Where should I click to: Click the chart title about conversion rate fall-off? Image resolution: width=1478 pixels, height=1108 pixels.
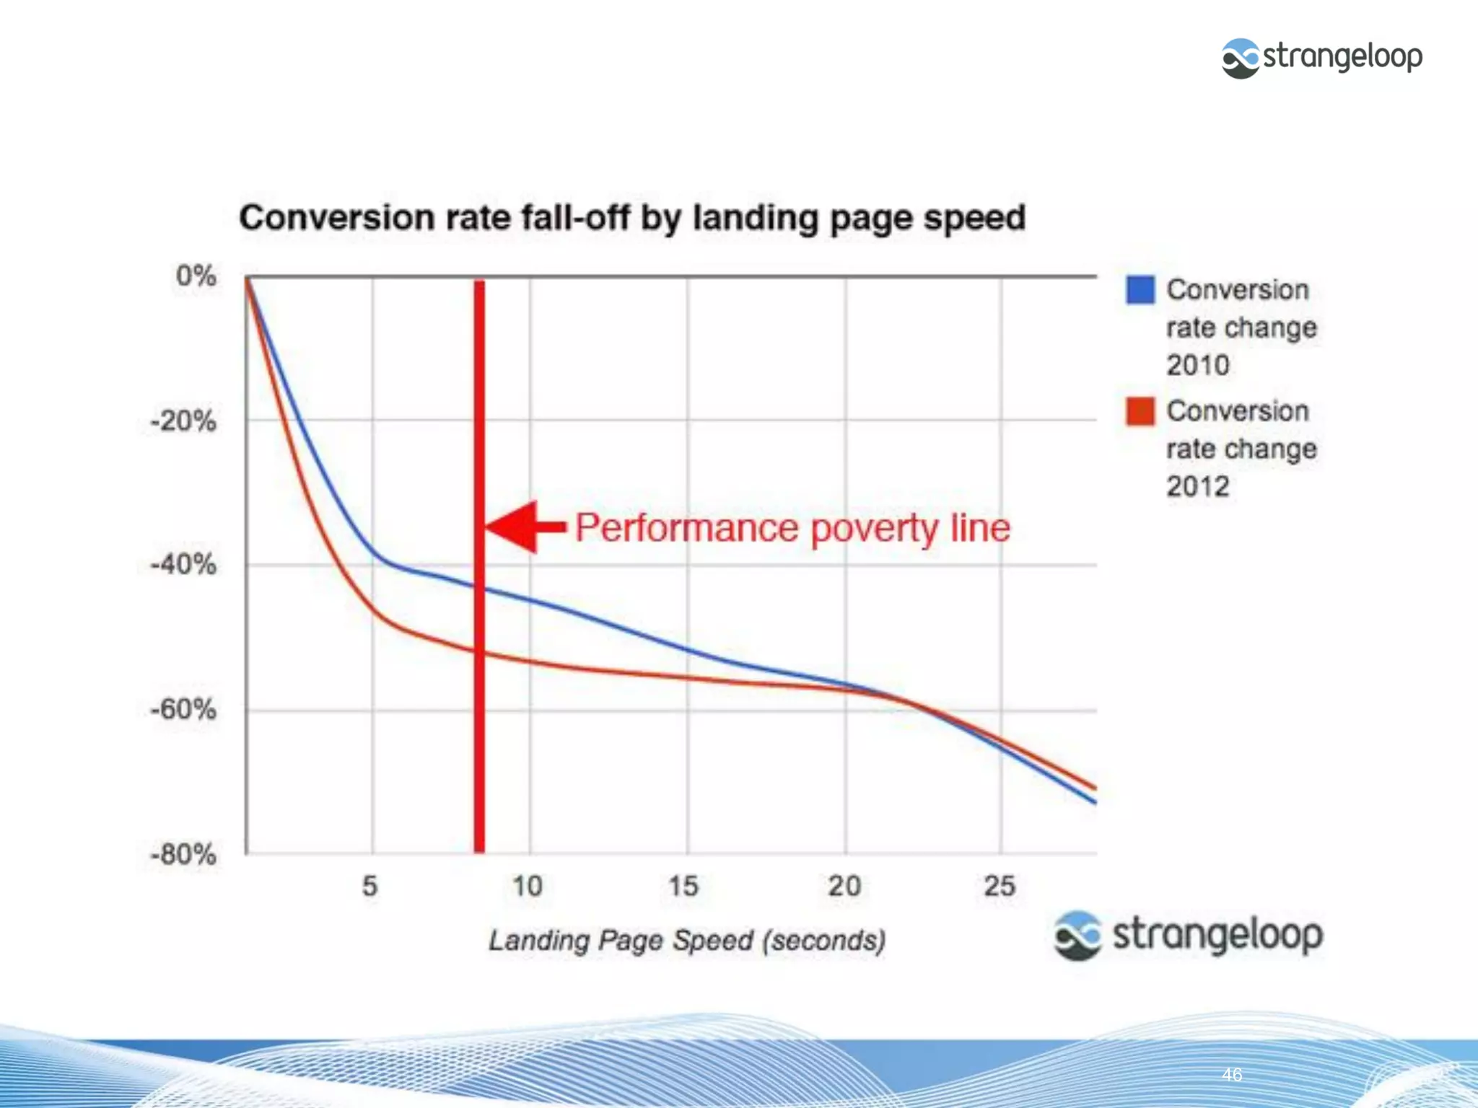tap(632, 218)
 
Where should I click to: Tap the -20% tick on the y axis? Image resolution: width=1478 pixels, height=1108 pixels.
tap(183, 421)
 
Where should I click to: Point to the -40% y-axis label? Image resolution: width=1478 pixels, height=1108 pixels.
tap(183, 564)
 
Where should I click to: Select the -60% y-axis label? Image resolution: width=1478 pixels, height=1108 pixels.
tap(183, 710)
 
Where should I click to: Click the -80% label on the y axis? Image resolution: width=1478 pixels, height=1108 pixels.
tap(183, 855)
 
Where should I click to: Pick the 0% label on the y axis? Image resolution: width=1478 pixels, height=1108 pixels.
tap(196, 276)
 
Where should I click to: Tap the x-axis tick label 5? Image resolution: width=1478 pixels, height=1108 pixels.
tap(370, 886)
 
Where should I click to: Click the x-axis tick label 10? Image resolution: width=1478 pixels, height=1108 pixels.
tap(528, 886)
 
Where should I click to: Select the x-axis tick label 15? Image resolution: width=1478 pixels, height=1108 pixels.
tap(683, 886)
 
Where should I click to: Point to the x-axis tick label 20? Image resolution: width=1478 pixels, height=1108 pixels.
tap(844, 886)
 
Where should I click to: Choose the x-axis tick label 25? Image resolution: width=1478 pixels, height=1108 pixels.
tap(1000, 886)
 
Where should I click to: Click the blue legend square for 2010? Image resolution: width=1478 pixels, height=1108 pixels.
tap(1140, 290)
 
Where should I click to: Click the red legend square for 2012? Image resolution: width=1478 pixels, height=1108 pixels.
tap(1140, 411)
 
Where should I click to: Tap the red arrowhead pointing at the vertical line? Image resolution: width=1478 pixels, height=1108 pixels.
tap(514, 527)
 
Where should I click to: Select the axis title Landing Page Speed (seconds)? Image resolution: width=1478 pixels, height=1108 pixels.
tap(687, 941)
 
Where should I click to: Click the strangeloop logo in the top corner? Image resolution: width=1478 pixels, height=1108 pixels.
tap(1321, 58)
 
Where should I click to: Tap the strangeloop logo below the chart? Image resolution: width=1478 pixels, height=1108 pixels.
tap(1188, 935)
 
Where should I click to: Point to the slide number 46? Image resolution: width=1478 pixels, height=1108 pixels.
tap(1232, 1075)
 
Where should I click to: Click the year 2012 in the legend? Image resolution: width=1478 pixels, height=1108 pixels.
tap(1198, 487)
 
